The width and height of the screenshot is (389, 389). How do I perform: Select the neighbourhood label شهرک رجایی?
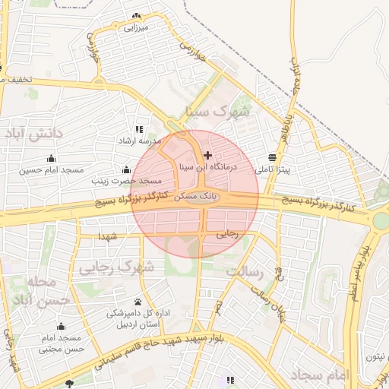pyautogui.click(x=115, y=267)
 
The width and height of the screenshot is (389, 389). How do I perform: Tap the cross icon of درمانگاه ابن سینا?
pyautogui.click(x=208, y=155)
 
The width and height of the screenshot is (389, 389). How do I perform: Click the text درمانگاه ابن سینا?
pyautogui.click(x=207, y=166)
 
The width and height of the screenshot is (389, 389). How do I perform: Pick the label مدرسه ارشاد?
pyautogui.click(x=138, y=141)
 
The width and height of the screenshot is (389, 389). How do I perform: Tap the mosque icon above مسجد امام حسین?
pyautogui.click(x=51, y=158)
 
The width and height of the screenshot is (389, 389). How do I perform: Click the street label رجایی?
pyautogui.click(x=227, y=233)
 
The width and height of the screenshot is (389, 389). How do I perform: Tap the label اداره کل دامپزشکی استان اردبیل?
pyautogui.click(x=138, y=318)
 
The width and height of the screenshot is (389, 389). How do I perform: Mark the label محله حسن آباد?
pyautogui.click(x=46, y=291)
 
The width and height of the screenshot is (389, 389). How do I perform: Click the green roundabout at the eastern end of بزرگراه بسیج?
pyautogui.click(x=381, y=220)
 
